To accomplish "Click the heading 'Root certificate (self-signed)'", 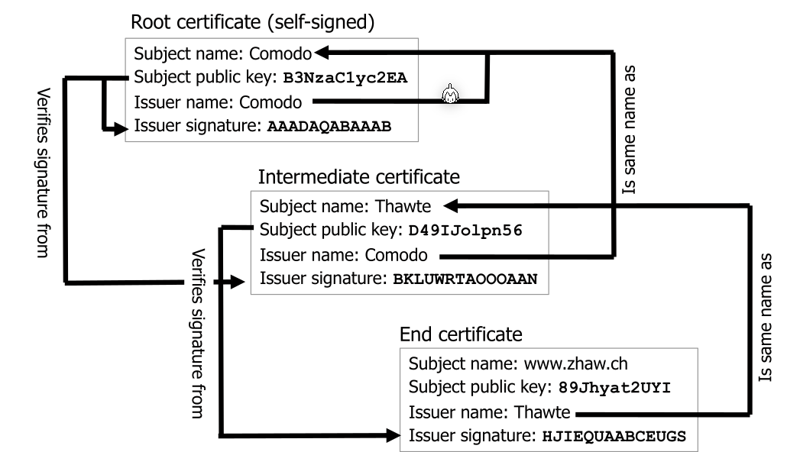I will point(253,22).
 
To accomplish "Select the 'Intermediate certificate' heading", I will point(359,177).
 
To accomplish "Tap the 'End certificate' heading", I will point(461,334).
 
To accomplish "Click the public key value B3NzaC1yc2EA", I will point(345,77).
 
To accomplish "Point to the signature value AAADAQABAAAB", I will point(329,127).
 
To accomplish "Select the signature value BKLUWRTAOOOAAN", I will point(465,279).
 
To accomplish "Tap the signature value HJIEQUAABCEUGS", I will point(614,437).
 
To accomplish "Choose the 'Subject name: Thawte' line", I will point(345,206).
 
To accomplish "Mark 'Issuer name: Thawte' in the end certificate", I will point(489,413).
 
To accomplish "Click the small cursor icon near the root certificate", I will point(450,95).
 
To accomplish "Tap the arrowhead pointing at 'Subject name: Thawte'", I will point(452,205).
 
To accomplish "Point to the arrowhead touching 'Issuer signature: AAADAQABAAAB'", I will point(118,129).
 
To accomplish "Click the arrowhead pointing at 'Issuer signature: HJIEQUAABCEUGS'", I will point(393,437).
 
